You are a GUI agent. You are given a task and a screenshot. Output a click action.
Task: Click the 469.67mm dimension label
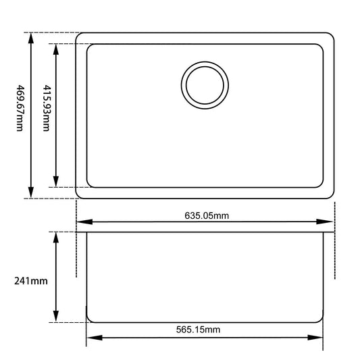[21, 108]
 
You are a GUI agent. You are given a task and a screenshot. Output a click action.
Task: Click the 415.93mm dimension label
[46, 108]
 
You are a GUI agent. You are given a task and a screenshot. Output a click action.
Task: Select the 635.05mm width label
[207, 215]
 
